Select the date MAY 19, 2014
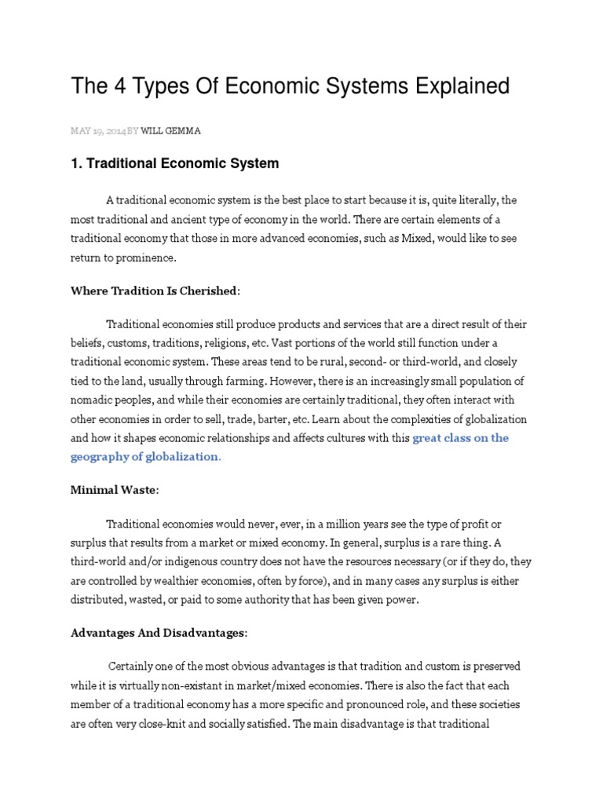point(97,131)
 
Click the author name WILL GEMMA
point(170,131)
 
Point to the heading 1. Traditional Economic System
point(175,164)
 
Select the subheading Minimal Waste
point(113,490)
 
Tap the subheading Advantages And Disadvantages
point(157,633)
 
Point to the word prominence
point(150,257)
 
